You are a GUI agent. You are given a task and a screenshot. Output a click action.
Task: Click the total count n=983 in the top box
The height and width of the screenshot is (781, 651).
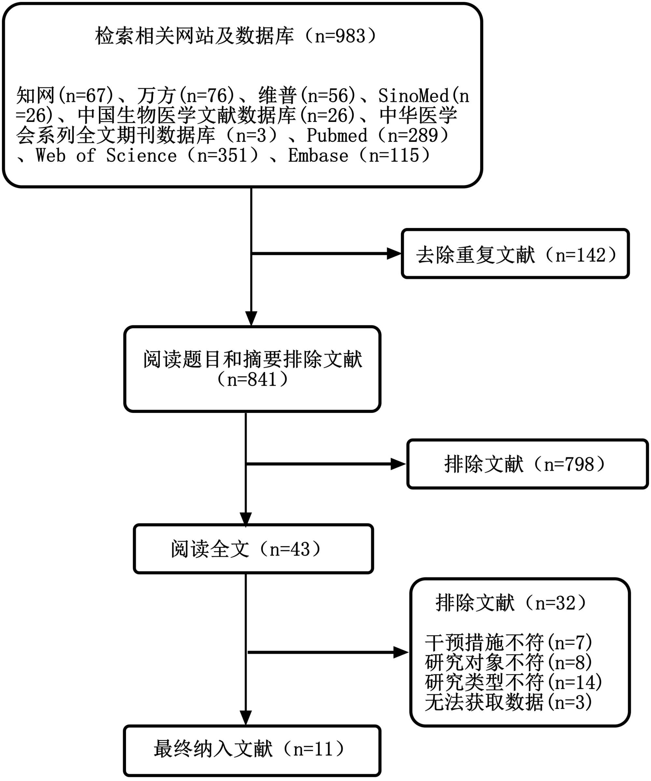pos(340,36)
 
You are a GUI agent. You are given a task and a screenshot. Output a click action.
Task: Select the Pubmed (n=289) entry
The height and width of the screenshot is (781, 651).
pos(378,135)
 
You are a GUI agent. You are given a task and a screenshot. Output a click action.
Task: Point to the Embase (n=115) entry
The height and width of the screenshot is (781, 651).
pos(359,155)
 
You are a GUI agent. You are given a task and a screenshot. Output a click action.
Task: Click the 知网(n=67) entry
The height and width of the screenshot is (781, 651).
pos(64,96)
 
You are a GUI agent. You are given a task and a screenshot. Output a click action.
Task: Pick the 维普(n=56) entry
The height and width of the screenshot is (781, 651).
pos(307,96)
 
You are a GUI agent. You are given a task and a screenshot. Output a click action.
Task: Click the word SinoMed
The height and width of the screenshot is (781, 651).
pos(413,96)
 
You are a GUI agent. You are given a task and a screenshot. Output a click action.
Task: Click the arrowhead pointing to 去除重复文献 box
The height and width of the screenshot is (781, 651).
pos(394,254)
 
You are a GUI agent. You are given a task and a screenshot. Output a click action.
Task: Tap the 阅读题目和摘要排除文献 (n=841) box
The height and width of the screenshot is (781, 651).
pos(252,369)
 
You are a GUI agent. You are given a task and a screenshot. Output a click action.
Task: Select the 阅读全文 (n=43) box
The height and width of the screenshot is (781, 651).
pos(253,549)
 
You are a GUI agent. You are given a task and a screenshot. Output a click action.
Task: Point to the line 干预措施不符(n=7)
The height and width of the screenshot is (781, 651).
pos(508,642)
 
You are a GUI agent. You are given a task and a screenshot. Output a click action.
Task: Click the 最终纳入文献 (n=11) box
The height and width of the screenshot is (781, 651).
pos(252,749)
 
